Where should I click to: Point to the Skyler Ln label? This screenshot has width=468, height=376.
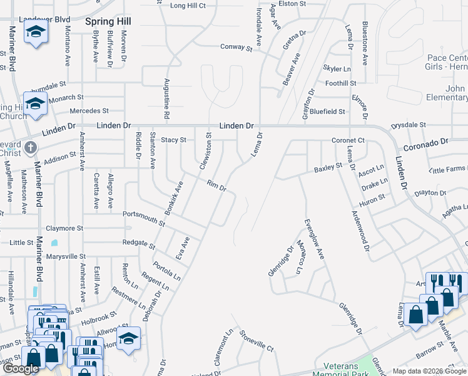(x=337, y=68)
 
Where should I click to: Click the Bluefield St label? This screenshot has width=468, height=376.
(x=328, y=112)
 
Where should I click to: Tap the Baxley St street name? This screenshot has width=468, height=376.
(x=328, y=167)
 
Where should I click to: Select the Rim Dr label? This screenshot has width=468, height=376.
(x=216, y=185)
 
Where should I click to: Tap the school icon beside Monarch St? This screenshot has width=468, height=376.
(x=35, y=103)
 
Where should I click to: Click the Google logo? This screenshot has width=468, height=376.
(x=21, y=368)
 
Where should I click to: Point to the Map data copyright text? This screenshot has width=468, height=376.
(x=429, y=371)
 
